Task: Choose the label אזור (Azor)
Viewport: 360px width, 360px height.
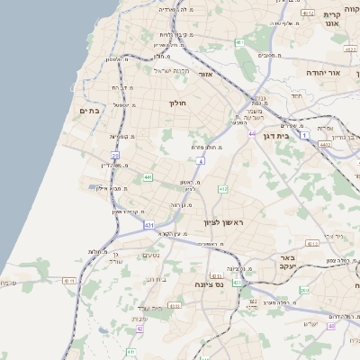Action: coord(204,74)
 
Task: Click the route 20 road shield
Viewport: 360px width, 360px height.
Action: coord(115,155)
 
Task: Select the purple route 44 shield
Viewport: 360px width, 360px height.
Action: coord(252,134)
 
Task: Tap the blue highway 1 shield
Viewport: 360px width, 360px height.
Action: coord(305,135)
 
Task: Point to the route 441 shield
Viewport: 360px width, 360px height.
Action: coord(147,177)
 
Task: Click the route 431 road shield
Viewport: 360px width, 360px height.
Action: coord(148,223)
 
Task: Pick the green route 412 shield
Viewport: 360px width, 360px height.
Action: coord(222,189)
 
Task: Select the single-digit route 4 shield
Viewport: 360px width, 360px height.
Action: coord(202,161)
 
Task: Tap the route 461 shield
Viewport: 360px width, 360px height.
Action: coord(239,42)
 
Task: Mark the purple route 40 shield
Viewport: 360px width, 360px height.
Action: coord(331,327)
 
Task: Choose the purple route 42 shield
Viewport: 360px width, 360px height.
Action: coord(139,328)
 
